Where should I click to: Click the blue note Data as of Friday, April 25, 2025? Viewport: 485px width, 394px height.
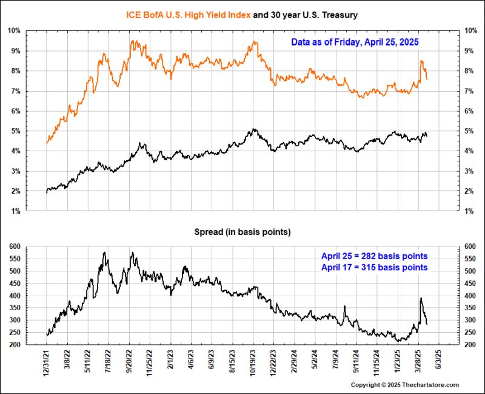[x=355, y=43]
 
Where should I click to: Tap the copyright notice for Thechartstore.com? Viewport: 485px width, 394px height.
[x=405, y=385]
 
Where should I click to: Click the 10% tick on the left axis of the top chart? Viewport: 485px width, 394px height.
[x=14, y=30]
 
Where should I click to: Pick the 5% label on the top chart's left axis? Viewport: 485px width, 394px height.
[x=16, y=131]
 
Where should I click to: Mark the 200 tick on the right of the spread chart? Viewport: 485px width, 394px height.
[x=468, y=345]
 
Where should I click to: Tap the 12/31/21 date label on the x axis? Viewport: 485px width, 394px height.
[x=47, y=362]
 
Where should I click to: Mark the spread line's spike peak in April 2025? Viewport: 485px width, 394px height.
[x=421, y=298]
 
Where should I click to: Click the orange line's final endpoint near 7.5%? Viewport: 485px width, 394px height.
[x=427, y=80]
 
